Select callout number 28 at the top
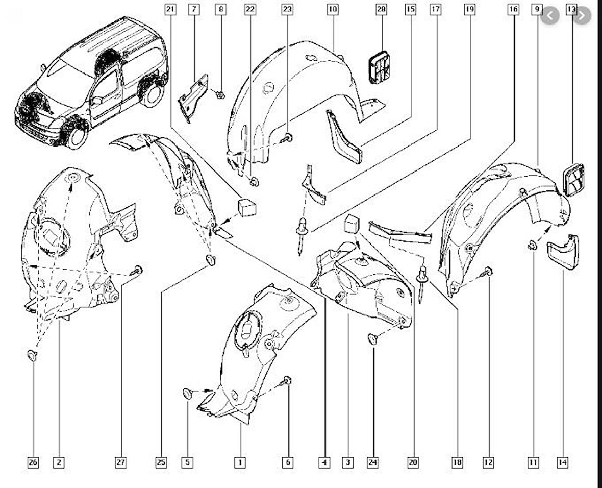tap(381, 9)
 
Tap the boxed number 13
tap(572, 9)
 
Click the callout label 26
tap(33, 462)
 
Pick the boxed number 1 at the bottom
tap(240, 462)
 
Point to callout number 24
tap(372, 462)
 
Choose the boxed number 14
tap(562, 462)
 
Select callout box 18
tap(457, 462)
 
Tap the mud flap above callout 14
tap(563, 252)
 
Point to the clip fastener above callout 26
tap(33, 355)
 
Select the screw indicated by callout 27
tap(137, 271)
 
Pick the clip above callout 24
tap(373, 338)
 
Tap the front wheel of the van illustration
tap(77, 136)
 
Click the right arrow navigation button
tap(582, 16)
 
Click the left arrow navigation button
tap(550, 16)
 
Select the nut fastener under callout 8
tap(220, 94)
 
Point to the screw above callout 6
tap(287, 381)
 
